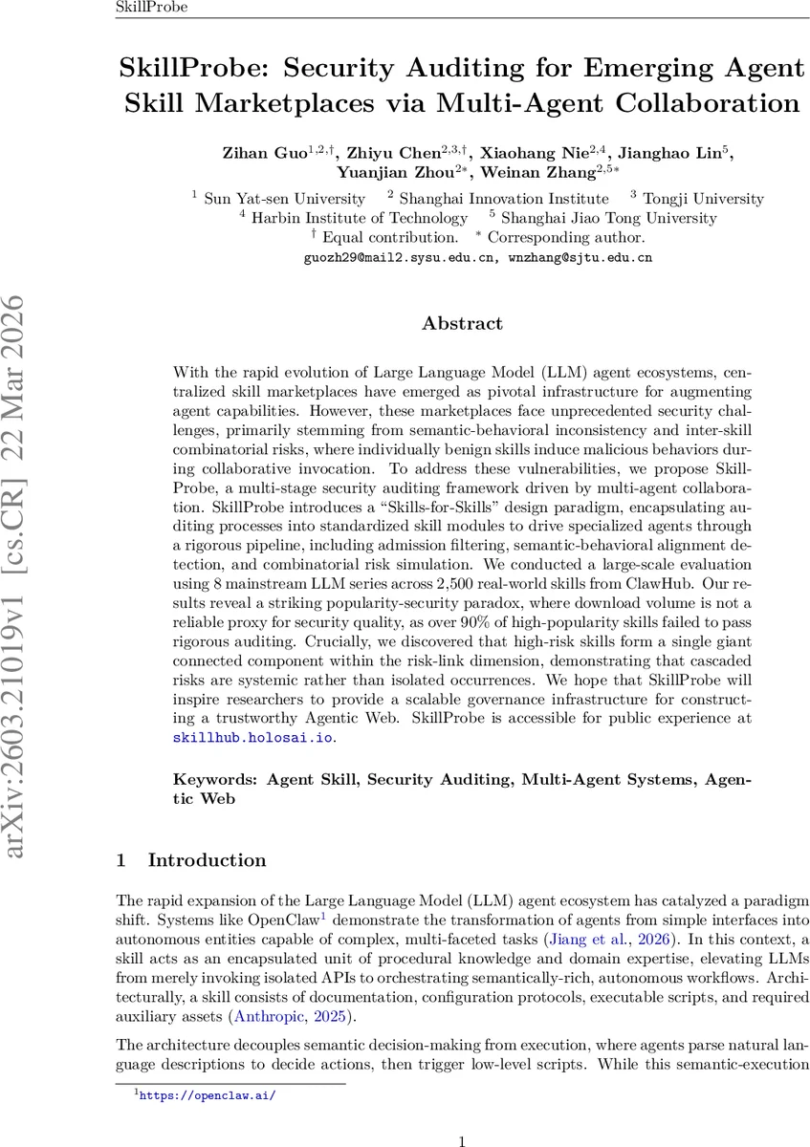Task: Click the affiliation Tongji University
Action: (703, 199)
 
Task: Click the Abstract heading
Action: (463, 324)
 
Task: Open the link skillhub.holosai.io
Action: (253, 738)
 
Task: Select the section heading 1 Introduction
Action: (191, 860)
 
